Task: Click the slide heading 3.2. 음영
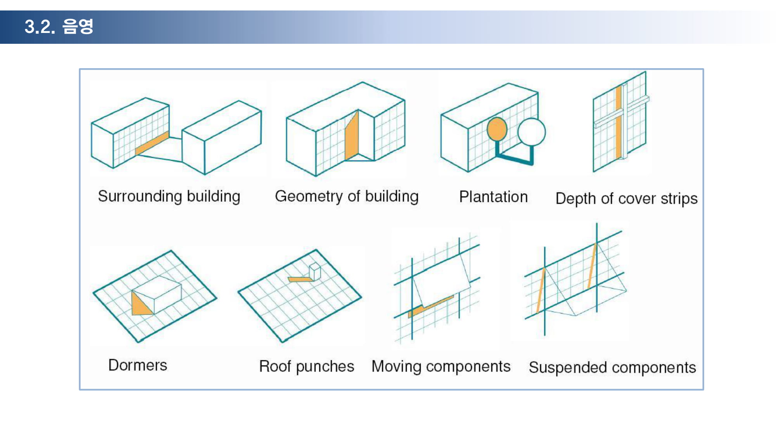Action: [x=59, y=26]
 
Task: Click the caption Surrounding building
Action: [x=169, y=196]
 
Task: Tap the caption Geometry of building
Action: [x=347, y=196]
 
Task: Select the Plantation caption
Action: [x=494, y=197]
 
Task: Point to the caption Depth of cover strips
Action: [x=627, y=198]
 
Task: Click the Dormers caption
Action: [x=138, y=365]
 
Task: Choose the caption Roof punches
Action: [x=307, y=367]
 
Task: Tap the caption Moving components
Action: [x=441, y=367]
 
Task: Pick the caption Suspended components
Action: [x=613, y=367]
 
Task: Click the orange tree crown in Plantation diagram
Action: [x=497, y=129]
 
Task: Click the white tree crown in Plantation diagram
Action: [x=532, y=132]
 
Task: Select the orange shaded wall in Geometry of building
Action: [x=352, y=136]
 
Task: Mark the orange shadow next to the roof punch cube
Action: [x=300, y=279]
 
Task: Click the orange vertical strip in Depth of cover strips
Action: [x=618, y=122]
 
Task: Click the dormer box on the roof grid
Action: [x=157, y=295]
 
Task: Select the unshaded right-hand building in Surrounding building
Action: [x=222, y=137]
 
